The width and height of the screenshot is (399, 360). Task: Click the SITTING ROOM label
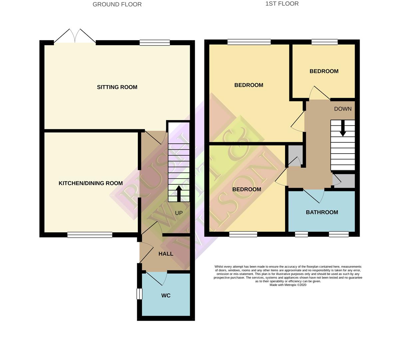pyautogui.click(x=117, y=87)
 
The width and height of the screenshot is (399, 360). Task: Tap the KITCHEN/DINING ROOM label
pyautogui.click(x=91, y=183)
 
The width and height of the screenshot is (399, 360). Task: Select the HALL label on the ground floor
pyautogui.click(x=166, y=254)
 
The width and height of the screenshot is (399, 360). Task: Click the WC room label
pyautogui.click(x=166, y=296)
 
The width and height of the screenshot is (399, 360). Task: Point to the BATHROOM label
pyautogui.click(x=322, y=212)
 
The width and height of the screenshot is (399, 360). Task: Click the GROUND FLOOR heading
pyautogui.click(x=117, y=4)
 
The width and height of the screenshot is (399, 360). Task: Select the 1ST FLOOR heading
pyautogui.click(x=282, y=4)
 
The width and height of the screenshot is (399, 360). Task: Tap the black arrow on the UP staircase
pyautogui.click(x=179, y=193)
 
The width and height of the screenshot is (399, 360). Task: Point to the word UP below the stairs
pyautogui.click(x=179, y=213)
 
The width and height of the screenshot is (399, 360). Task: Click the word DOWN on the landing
pyautogui.click(x=342, y=109)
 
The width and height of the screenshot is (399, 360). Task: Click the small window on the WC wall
pyautogui.click(x=139, y=294)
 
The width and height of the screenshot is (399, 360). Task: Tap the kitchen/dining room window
pyautogui.click(x=90, y=235)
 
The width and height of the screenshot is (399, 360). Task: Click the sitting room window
pyautogui.click(x=155, y=43)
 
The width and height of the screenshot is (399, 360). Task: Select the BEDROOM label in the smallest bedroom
pyautogui.click(x=324, y=71)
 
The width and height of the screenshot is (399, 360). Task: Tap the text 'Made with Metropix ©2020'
pyautogui.click(x=288, y=285)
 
